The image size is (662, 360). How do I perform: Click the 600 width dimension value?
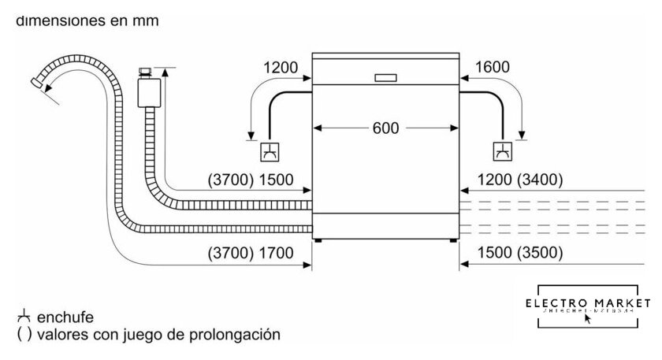[x=386, y=128]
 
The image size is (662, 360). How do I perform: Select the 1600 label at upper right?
[x=493, y=68]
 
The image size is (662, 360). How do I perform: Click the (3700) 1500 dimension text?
[x=251, y=180]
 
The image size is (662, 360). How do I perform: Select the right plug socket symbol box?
[x=501, y=151]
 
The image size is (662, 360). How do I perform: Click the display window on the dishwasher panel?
[x=386, y=78]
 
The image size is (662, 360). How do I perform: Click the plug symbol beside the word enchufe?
[x=22, y=317]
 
